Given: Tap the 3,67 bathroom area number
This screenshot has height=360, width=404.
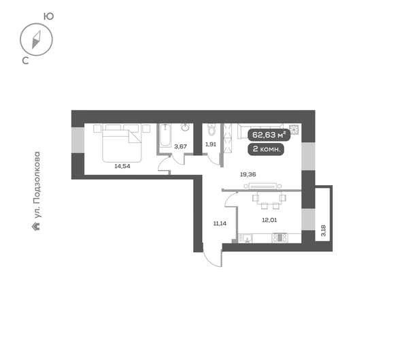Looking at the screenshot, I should click(181, 146).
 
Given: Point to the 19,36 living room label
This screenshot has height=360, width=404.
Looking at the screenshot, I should click(248, 174).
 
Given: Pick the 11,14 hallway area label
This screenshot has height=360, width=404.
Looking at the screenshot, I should click(220, 222).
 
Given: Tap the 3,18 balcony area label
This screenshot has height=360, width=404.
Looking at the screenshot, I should click(323, 229).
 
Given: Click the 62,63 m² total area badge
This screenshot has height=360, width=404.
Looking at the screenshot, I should click(271, 135).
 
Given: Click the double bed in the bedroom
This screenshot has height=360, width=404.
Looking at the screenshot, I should click(122, 142).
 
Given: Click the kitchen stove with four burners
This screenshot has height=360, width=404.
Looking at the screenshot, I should click(280, 238).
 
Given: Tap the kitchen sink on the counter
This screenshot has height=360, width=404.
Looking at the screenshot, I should click(247, 238).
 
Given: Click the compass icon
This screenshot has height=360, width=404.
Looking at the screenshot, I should click(37, 39).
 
